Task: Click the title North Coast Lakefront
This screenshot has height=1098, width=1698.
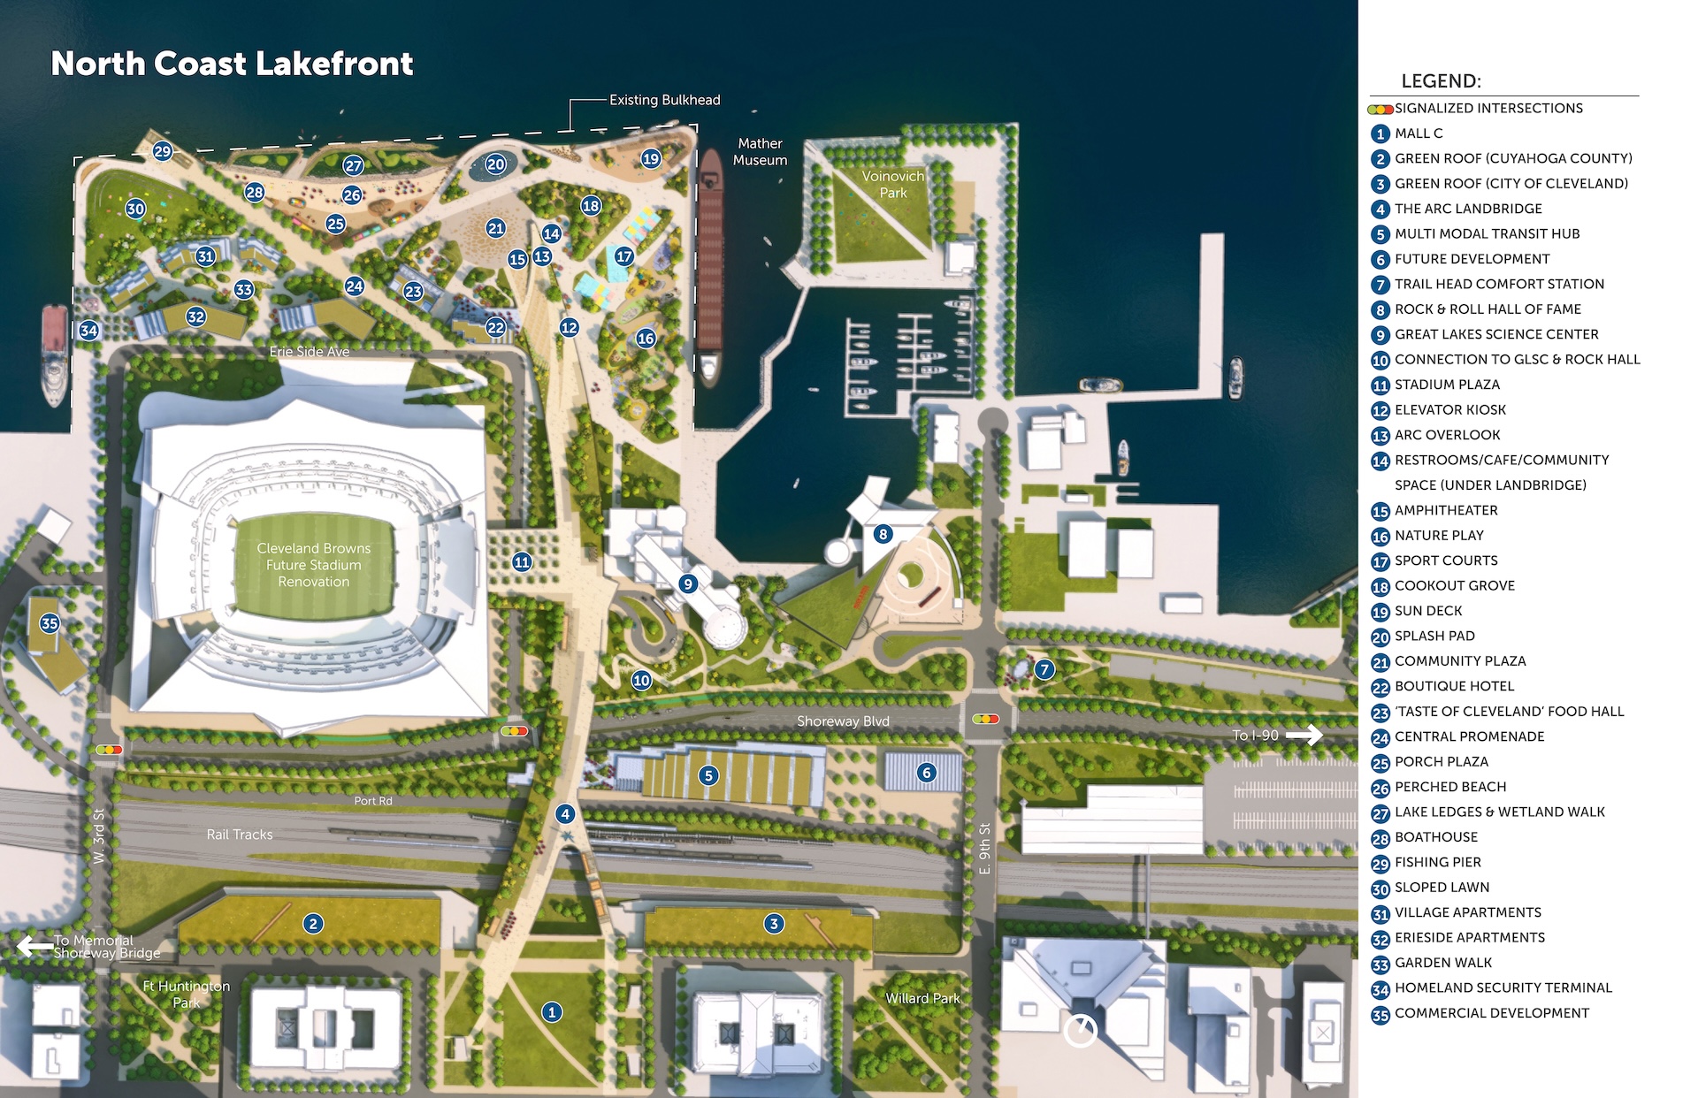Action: tap(232, 64)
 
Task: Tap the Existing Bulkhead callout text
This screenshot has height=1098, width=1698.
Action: tap(664, 100)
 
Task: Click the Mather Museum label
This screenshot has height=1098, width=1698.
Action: tap(760, 151)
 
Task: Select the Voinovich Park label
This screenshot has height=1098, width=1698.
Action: tap(892, 184)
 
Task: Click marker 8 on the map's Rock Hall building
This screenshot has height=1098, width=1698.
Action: tap(883, 534)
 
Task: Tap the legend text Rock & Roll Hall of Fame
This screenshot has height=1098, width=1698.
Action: tap(1488, 309)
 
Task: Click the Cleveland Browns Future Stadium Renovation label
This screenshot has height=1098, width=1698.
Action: tap(313, 565)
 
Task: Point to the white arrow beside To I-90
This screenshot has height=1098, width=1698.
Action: tap(1304, 735)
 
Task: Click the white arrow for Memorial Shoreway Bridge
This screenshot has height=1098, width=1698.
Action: tap(34, 946)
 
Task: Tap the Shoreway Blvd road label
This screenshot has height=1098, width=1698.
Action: tap(842, 721)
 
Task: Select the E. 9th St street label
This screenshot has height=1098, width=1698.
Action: tap(984, 849)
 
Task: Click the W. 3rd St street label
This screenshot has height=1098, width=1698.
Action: tap(99, 835)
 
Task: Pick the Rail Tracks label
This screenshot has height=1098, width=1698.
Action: tap(240, 835)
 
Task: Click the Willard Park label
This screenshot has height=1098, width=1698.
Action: tap(922, 998)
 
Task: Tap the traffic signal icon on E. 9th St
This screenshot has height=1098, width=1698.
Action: tap(985, 720)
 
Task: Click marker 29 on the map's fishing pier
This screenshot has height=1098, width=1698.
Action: tap(162, 151)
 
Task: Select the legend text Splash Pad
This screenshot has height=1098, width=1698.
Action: tap(1434, 636)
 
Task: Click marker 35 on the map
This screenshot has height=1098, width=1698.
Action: tap(50, 623)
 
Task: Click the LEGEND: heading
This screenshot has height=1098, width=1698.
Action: tap(1441, 81)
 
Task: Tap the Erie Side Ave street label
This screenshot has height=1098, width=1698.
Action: tap(309, 352)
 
